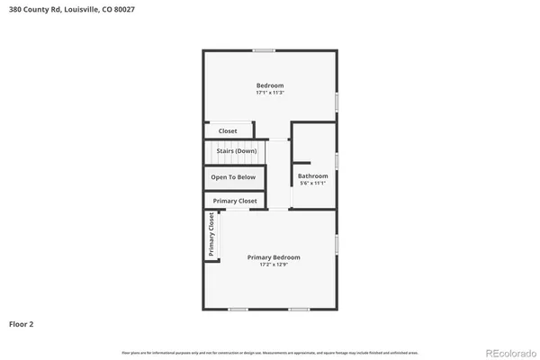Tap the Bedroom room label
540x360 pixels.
click(x=270, y=85)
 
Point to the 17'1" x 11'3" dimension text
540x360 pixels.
click(x=270, y=93)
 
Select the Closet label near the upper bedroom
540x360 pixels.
click(x=228, y=131)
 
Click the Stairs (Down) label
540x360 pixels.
click(x=237, y=151)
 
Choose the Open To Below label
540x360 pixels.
click(x=233, y=177)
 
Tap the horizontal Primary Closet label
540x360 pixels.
click(x=235, y=201)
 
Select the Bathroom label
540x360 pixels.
click(x=313, y=175)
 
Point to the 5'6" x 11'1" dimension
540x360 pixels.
click(x=313, y=183)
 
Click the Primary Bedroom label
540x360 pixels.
click(x=274, y=257)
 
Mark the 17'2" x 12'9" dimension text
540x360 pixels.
click(x=274, y=265)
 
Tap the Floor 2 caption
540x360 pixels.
click(x=22, y=323)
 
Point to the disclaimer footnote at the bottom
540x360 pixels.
click(x=269, y=351)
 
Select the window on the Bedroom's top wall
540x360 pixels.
click(x=264, y=49)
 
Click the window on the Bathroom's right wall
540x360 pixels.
click(x=337, y=160)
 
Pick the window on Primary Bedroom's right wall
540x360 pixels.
click(x=337, y=244)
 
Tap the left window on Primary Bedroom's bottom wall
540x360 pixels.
click(x=238, y=310)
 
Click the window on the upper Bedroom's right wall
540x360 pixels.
click(x=337, y=102)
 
